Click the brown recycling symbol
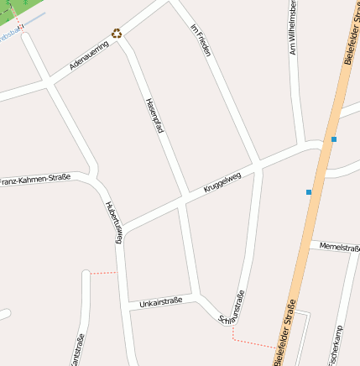point(117,34)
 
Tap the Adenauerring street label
point(89,55)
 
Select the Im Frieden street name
point(201,40)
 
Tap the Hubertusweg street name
point(113,222)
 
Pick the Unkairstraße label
point(160,301)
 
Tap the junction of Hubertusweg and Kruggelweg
point(123,231)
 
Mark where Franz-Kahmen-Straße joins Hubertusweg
point(94,178)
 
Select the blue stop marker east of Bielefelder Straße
point(334,139)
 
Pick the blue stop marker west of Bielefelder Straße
point(309,192)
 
